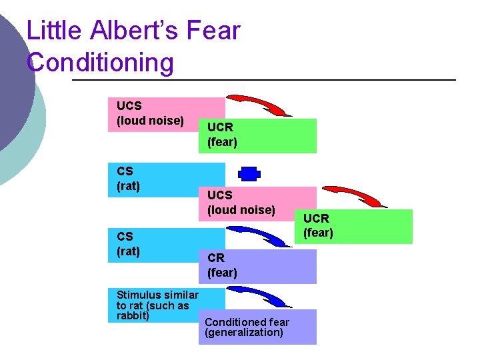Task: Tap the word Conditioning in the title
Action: pyautogui.click(x=100, y=63)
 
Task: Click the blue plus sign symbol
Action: pyautogui.click(x=248, y=174)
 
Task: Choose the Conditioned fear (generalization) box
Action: pyautogui.click(x=257, y=327)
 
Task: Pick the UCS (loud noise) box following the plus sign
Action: pyautogui.click(x=257, y=203)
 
